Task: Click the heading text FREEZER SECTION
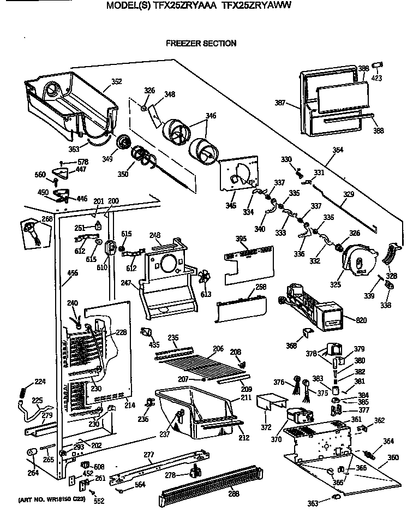click(201, 43)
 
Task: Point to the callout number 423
click(377, 78)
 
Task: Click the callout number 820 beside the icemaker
click(361, 320)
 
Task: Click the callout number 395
click(241, 239)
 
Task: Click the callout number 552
click(98, 501)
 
